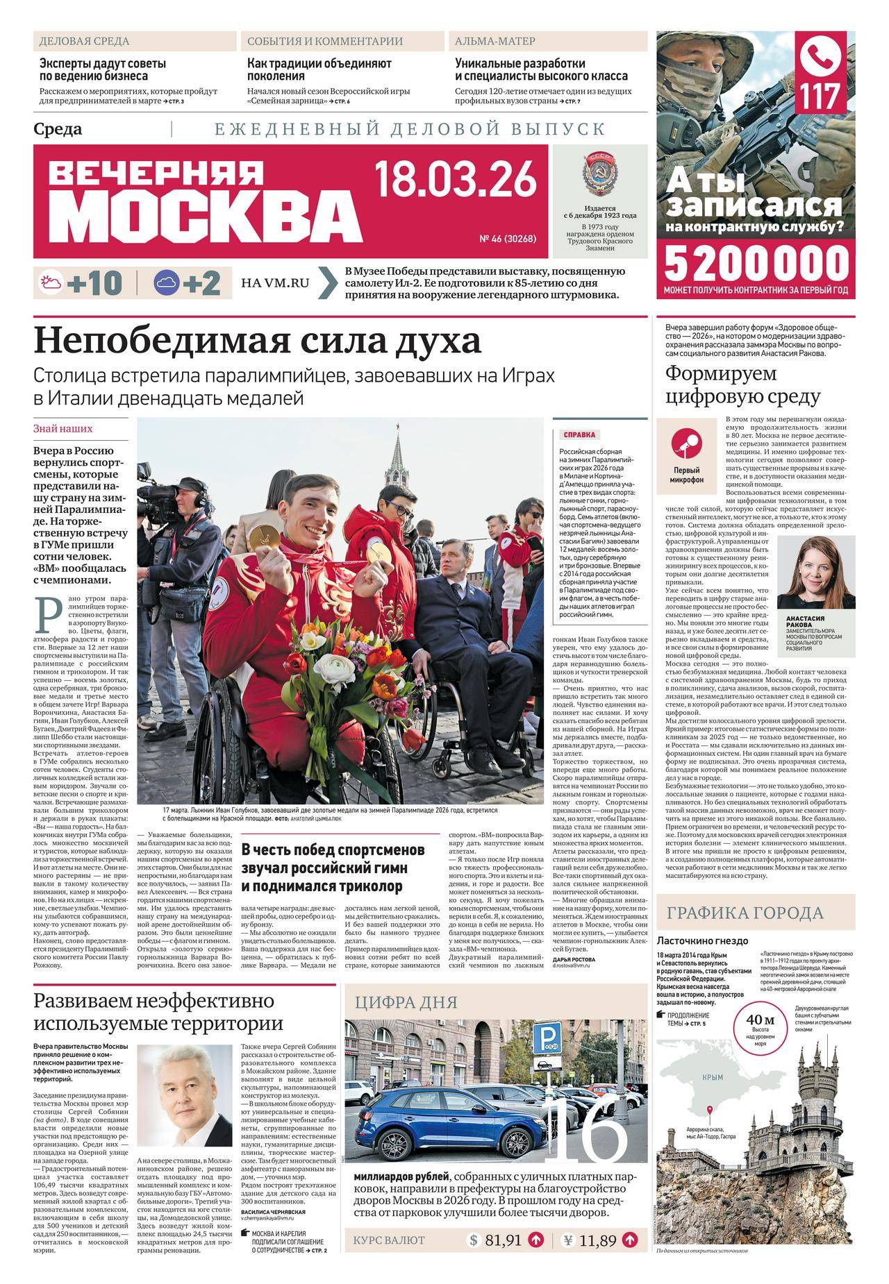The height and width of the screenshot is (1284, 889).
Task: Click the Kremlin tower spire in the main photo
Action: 399,444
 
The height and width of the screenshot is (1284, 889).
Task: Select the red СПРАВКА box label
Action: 579,435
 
